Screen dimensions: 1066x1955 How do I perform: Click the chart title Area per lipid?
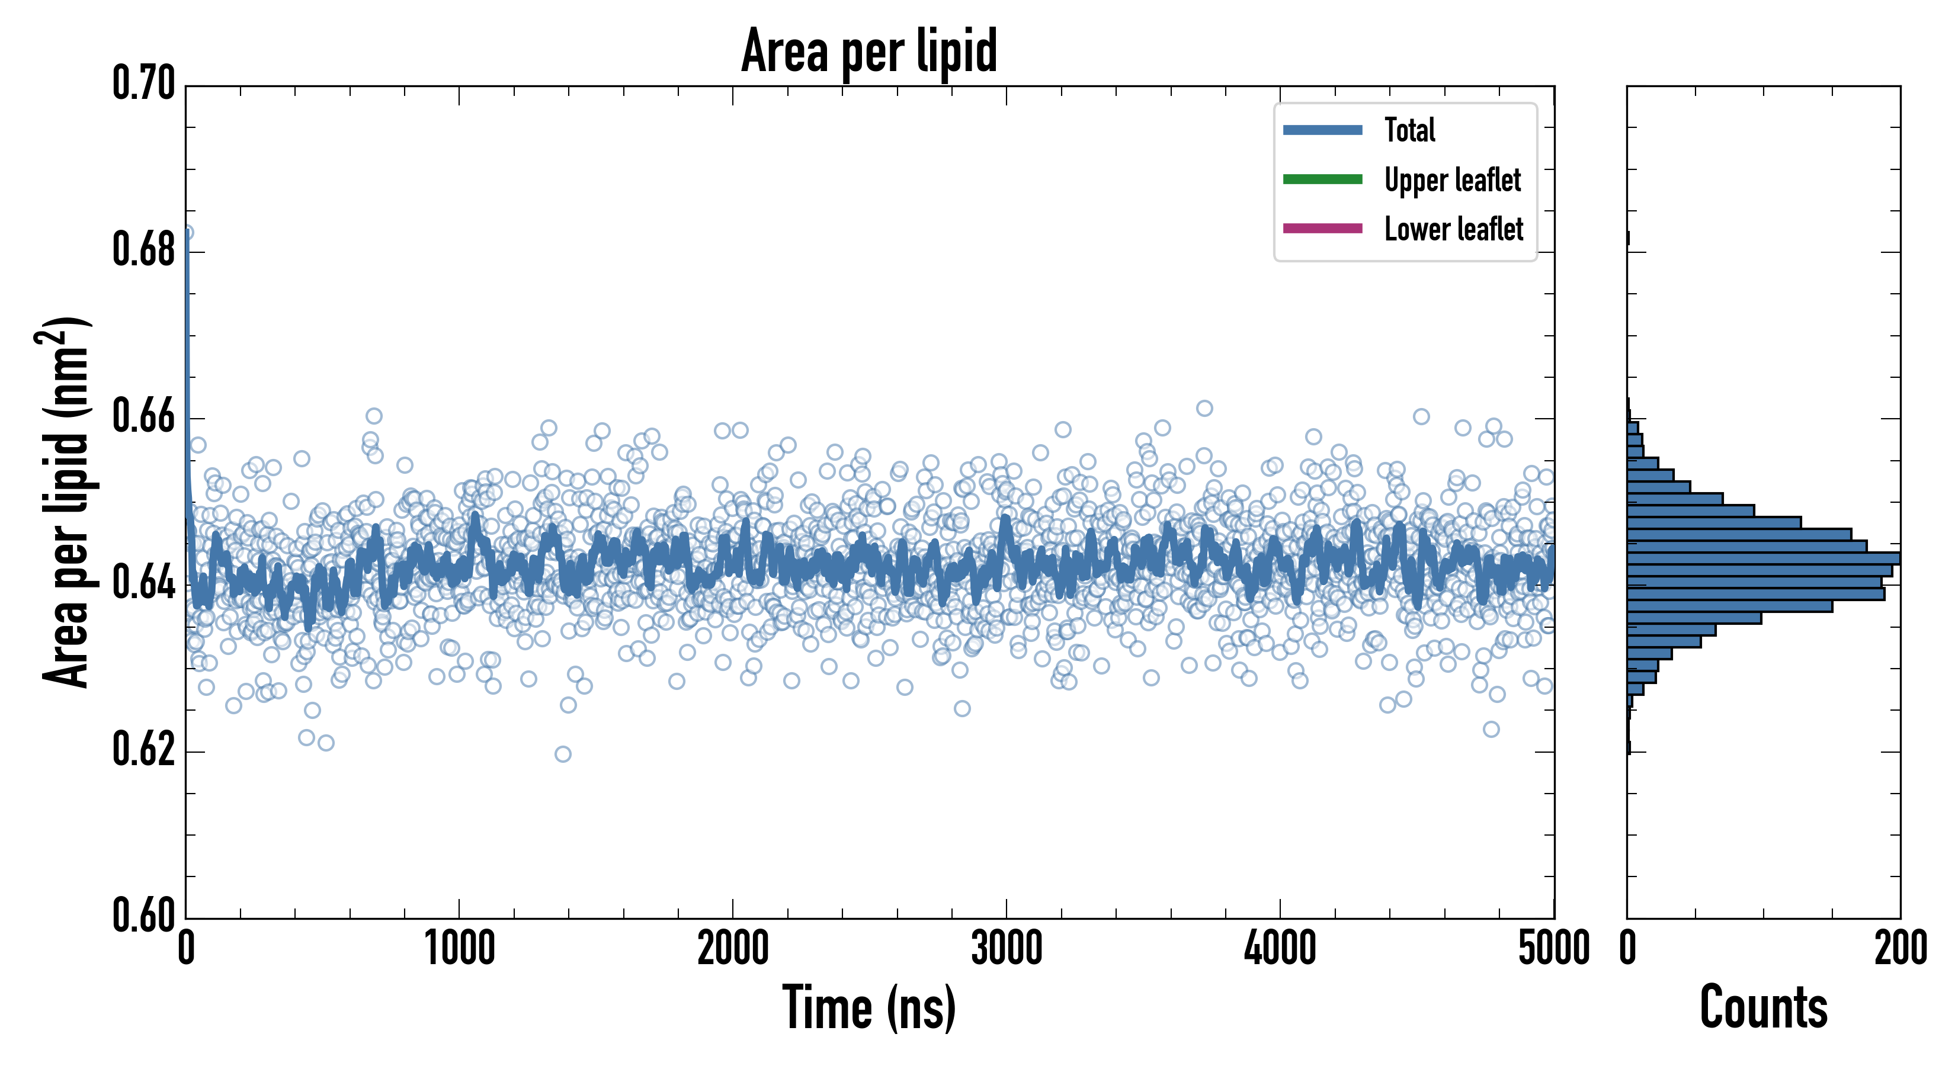[869, 51]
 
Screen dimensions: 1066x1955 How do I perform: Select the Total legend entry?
[1409, 130]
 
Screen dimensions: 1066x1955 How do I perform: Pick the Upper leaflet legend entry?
[1452, 180]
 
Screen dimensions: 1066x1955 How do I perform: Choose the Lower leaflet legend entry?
[1453, 229]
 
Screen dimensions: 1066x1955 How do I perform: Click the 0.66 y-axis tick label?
[144, 416]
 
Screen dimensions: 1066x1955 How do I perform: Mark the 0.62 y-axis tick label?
[144, 750]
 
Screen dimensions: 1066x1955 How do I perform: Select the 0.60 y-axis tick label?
[144, 915]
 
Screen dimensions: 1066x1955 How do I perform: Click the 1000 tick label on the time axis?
[459, 949]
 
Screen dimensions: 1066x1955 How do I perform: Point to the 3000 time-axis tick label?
[1007, 949]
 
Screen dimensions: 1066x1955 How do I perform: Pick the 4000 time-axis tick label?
[1280, 949]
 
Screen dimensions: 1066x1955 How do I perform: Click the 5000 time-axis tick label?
[1553, 949]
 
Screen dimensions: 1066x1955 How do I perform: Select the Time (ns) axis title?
[869, 1009]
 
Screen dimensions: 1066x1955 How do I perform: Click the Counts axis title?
[1764, 1009]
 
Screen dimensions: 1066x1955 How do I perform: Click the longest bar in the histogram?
[1762, 558]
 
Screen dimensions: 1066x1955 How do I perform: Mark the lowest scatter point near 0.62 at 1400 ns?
[562, 754]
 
